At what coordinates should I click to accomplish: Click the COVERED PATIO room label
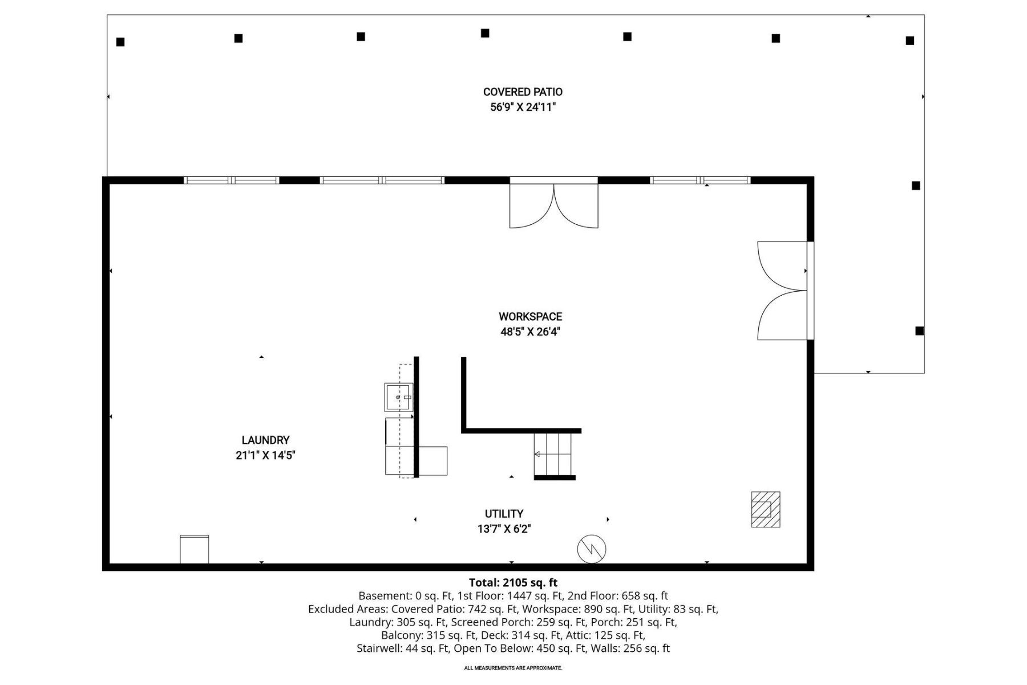click(523, 92)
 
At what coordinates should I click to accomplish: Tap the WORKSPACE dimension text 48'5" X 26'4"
click(530, 332)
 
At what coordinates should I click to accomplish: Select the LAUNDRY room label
click(265, 440)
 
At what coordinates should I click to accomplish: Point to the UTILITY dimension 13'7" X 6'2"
click(504, 529)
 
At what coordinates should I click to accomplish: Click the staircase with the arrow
click(552, 454)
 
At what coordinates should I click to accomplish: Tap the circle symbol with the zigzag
click(592, 549)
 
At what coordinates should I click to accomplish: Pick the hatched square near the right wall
click(765, 509)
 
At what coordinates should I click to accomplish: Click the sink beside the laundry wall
click(398, 397)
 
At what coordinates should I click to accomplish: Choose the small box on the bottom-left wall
click(195, 549)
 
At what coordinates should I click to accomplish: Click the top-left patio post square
click(120, 42)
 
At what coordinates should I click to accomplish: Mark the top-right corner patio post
click(910, 41)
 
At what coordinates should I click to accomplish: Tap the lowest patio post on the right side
click(919, 331)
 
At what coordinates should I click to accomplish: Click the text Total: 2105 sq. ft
click(513, 583)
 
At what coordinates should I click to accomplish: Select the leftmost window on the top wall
click(231, 180)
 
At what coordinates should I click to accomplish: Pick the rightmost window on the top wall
click(700, 180)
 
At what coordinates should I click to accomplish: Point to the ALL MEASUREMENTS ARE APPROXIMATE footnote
click(513, 668)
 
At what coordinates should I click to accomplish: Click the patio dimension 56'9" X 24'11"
click(523, 107)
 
